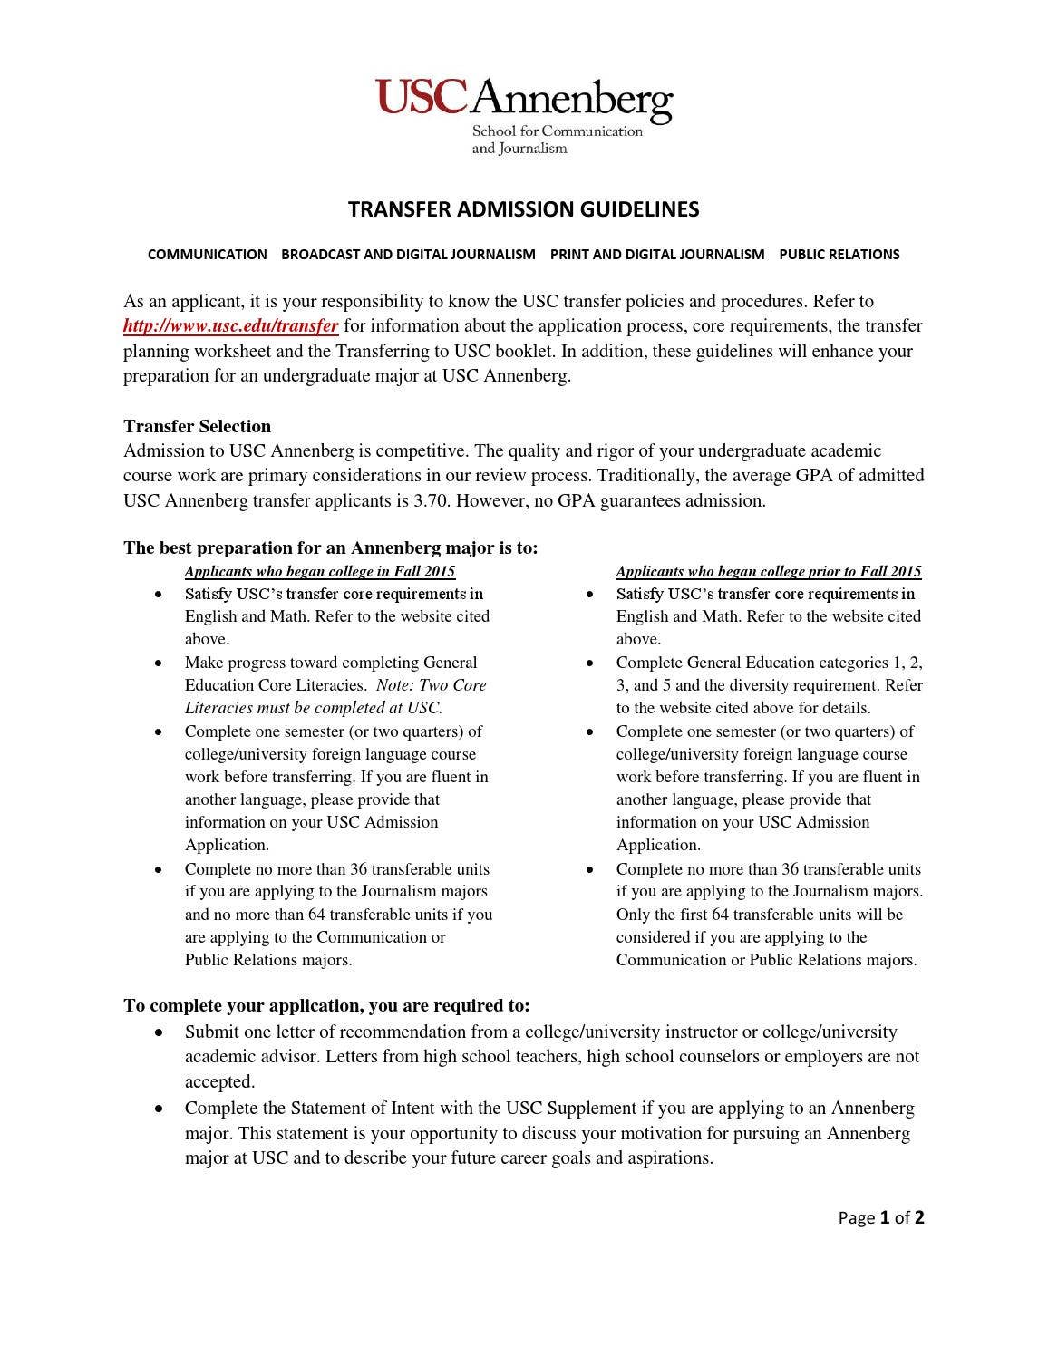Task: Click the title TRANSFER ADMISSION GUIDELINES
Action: tap(523, 210)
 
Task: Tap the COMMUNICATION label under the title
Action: tap(207, 255)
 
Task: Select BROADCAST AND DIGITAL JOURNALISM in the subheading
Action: tap(408, 255)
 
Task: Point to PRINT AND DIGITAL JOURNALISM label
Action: tap(657, 255)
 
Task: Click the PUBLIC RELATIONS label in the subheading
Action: tap(839, 255)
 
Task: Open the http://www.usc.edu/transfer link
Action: tap(231, 326)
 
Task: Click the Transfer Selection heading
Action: tap(197, 426)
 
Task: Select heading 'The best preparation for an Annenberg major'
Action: tap(330, 547)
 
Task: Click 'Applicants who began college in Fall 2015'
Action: tap(320, 571)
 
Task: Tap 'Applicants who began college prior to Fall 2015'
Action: tap(769, 571)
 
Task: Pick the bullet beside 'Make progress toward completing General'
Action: tap(160, 663)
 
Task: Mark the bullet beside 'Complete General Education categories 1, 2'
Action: tap(591, 663)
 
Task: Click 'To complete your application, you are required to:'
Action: tap(326, 1005)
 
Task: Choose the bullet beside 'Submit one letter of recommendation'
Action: tap(160, 1032)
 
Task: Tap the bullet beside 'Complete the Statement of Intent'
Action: tap(160, 1109)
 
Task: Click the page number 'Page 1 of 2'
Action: tap(881, 1217)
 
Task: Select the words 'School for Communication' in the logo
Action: tap(557, 131)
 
